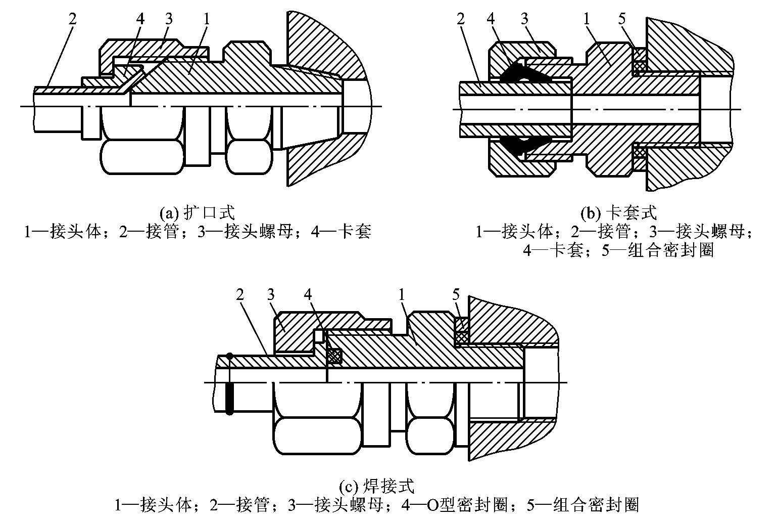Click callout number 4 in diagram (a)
click(x=140, y=19)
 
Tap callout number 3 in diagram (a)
click(x=168, y=19)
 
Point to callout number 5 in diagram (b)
click(x=621, y=19)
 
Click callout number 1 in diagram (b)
click(x=586, y=19)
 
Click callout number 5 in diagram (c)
click(x=456, y=294)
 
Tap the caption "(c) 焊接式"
click(x=376, y=487)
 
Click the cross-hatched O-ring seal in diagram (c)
click(x=334, y=357)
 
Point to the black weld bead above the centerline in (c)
click(x=229, y=356)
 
